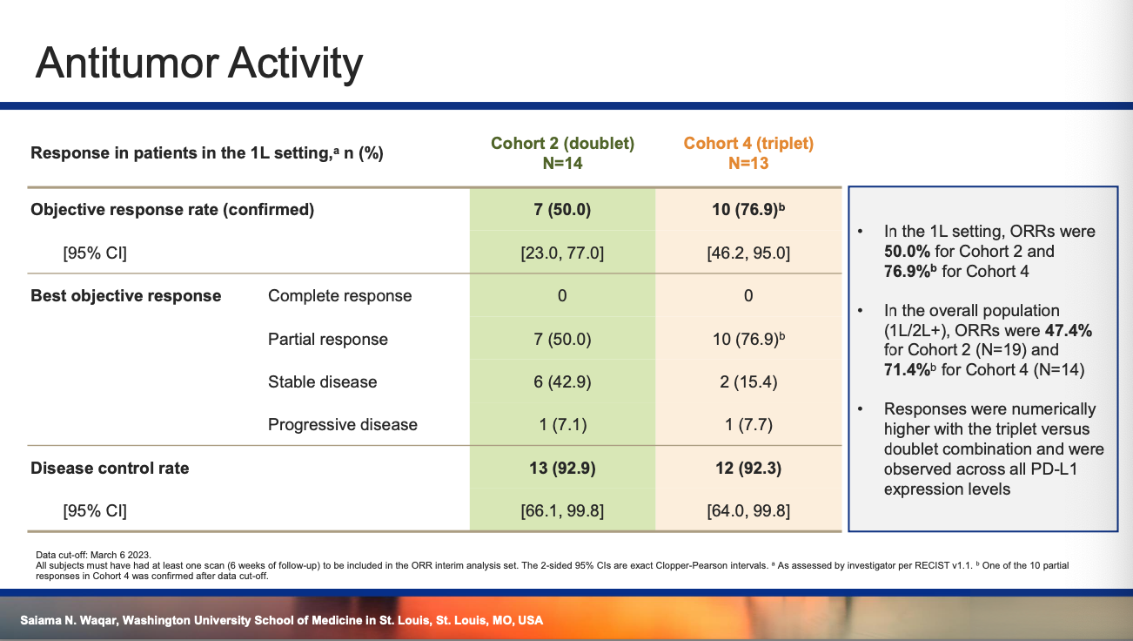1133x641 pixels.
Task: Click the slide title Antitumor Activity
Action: click(x=199, y=64)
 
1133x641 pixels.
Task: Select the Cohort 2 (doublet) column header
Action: click(x=562, y=153)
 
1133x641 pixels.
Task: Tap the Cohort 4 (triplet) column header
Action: click(x=748, y=153)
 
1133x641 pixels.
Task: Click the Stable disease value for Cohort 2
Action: click(x=562, y=381)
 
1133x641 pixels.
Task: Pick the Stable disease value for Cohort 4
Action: click(x=748, y=381)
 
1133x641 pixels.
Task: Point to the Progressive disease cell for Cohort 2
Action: click(x=562, y=424)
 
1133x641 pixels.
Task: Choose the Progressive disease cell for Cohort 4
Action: click(x=748, y=424)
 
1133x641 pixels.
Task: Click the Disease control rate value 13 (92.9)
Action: click(x=562, y=468)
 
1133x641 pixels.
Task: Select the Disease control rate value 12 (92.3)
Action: click(x=748, y=468)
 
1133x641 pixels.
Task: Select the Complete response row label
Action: click(x=340, y=296)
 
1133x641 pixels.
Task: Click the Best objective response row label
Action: click(x=126, y=296)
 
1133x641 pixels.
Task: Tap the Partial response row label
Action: click(x=328, y=340)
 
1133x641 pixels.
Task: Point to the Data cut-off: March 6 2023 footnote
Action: click(x=94, y=555)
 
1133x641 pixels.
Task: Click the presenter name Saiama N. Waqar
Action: click(x=69, y=620)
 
